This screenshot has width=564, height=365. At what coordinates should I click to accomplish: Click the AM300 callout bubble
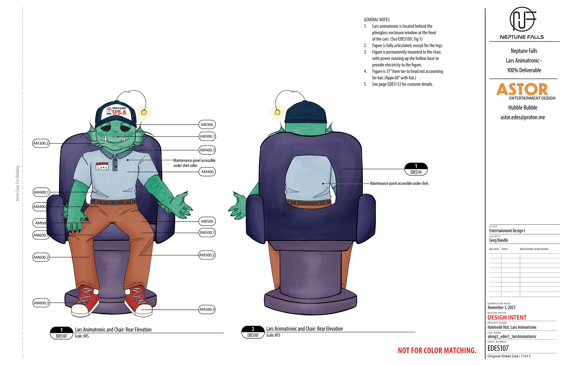pyautogui.click(x=207, y=125)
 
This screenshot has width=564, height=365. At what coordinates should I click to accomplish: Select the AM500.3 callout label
pyautogui.click(x=207, y=309)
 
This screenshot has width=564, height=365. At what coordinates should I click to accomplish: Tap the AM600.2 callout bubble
pyautogui.click(x=41, y=257)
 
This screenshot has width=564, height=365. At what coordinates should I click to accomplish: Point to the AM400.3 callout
pyautogui.click(x=207, y=150)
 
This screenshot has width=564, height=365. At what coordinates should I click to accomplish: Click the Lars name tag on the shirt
pyautogui.click(x=102, y=166)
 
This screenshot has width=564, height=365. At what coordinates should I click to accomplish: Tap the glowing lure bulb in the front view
pyautogui.click(x=144, y=112)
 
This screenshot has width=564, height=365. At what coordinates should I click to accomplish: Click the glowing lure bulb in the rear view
pyautogui.click(x=277, y=112)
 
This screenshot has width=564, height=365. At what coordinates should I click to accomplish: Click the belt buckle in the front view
pyautogui.click(x=113, y=203)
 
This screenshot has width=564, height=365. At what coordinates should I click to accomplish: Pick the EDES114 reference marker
pyautogui.click(x=416, y=169)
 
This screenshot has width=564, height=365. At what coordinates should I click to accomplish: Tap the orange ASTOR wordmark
pyautogui.click(x=522, y=89)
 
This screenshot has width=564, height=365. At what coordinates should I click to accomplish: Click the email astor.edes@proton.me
pyautogui.click(x=523, y=117)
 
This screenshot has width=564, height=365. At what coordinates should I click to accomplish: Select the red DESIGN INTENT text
pyautogui.click(x=507, y=318)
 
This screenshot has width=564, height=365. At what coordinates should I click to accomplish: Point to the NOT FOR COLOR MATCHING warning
pyautogui.click(x=437, y=350)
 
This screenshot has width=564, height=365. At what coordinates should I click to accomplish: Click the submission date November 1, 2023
pyautogui.click(x=501, y=308)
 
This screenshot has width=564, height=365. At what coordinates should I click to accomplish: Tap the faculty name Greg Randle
pyautogui.click(x=498, y=240)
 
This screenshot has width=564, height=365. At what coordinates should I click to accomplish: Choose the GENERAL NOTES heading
pyautogui.click(x=377, y=20)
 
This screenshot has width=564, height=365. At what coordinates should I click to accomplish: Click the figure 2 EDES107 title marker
pyautogui.click(x=253, y=332)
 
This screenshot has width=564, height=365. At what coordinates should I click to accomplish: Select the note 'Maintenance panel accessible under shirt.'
pyautogui.click(x=399, y=183)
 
